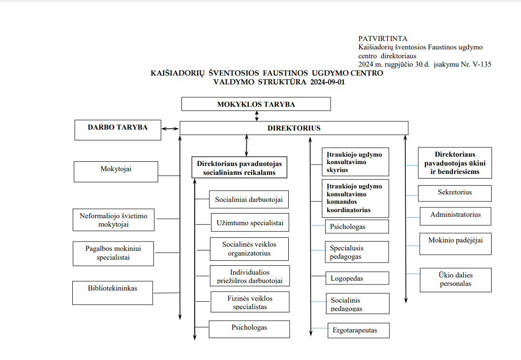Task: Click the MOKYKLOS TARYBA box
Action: [256, 104]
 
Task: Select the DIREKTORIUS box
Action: [294, 128]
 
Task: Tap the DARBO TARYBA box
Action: [118, 130]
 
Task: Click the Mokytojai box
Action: [116, 171]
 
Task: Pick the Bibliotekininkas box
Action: [112, 293]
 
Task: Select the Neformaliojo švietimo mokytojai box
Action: [113, 220]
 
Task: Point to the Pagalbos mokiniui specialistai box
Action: [113, 253]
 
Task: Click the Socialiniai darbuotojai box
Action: [249, 200]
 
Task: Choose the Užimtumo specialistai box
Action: [250, 222]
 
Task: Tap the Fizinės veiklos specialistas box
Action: [250, 302]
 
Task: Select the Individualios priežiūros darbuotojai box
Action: [250, 276]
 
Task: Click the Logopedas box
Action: [357, 278]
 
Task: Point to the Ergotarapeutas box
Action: [358, 331]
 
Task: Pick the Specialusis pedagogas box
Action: [357, 252]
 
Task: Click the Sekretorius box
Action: [455, 193]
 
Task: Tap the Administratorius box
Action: [455, 216]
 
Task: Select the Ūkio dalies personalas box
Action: [455, 280]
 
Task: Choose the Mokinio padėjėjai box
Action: [455, 243]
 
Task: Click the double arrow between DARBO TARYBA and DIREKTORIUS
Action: [170, 129]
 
